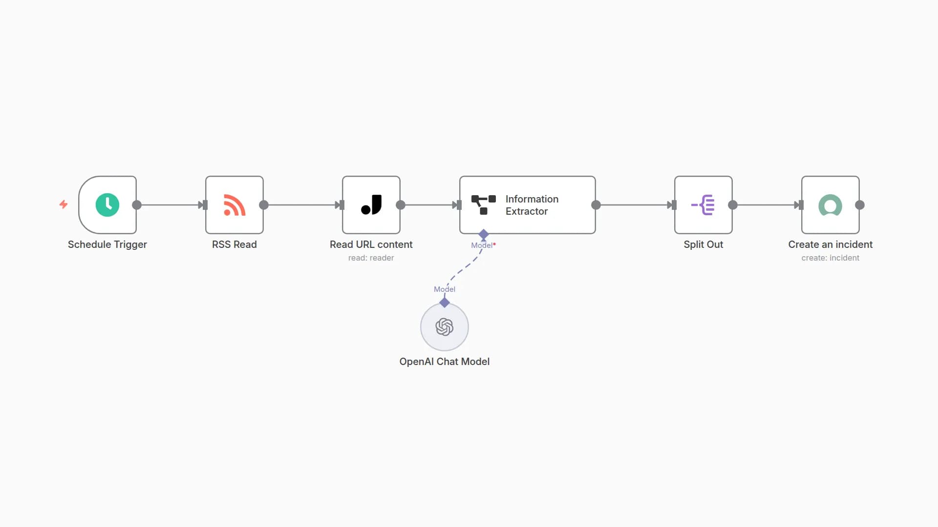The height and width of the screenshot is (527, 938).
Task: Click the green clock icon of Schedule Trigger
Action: point(107,205)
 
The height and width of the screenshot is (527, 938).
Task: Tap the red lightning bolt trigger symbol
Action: point(64,204)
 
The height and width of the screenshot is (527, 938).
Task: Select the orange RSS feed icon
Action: point(234,205)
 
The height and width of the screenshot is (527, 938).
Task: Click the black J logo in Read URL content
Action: point(371,205)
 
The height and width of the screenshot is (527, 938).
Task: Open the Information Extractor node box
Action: point(528,205)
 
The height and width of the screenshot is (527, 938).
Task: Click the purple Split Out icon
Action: point(703,205)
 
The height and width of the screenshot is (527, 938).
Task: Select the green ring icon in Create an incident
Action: point(831,205)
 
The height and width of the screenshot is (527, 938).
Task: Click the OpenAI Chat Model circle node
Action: point(445,327)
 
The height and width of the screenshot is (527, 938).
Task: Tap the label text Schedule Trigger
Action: point(107,244)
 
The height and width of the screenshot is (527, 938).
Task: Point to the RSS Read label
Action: point(234,244)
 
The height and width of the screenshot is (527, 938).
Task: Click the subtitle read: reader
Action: point(371,258)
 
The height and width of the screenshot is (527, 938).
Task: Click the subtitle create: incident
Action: point(831,258)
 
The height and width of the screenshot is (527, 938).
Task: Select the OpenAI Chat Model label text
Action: point(445,362)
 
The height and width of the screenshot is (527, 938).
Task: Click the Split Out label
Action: point(703,244)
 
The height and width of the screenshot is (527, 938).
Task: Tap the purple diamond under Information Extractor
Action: point(484,234)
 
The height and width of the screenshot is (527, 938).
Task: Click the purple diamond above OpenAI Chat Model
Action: point(445,303)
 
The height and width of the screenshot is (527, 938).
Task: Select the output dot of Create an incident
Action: point(860,205)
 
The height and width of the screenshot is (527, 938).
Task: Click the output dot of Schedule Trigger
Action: point(137,205)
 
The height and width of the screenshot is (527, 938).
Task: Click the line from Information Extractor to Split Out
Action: point(635,205)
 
